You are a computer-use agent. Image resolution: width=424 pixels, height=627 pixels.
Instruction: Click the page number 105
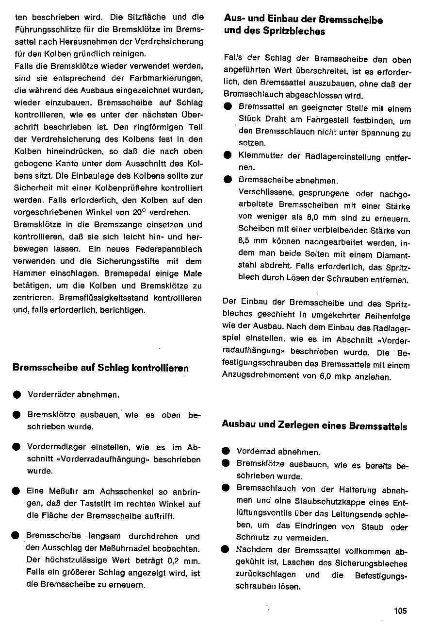point(400,611)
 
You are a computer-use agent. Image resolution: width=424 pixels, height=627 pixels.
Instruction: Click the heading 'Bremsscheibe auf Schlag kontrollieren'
point(100,368)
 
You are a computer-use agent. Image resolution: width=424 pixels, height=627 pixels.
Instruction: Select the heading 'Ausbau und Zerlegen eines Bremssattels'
point(314,426)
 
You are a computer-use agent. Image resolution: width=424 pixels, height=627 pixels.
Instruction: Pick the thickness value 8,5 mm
point(253,242)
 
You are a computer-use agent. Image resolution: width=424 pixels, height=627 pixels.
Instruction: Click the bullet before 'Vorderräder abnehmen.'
point(17,395)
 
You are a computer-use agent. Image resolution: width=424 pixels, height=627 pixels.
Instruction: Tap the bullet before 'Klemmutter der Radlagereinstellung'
point(227,156)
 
